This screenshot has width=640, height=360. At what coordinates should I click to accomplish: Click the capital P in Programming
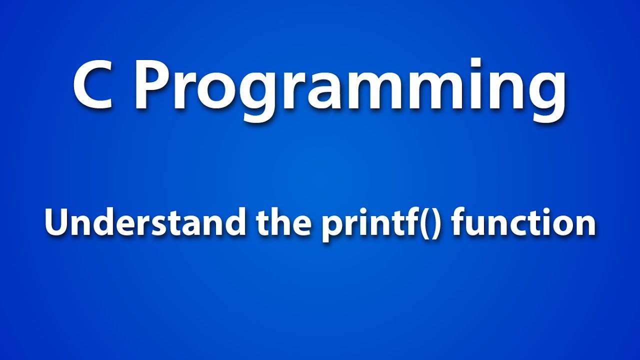coord(152,85)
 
